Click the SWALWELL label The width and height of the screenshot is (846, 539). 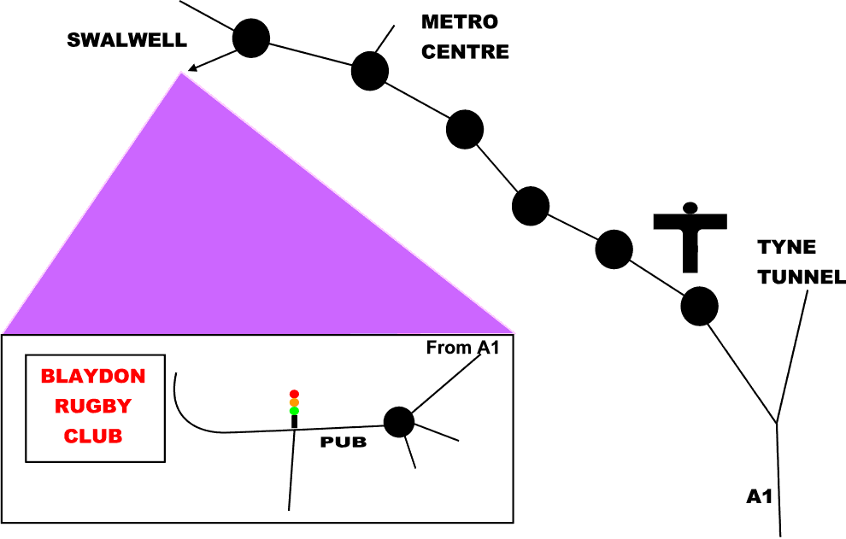(x=126, y=40)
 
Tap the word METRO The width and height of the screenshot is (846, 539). (x=461, y=21)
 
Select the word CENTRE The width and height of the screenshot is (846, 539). (x=466, y=51)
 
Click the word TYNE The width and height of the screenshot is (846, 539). (x=787, y=248)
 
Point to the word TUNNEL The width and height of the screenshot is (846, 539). (x=802, y=277)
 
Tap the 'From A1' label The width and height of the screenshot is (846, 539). (x=462, y=348)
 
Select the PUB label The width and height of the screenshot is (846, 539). (x=343, y=442)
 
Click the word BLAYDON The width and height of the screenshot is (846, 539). (x=94, y=376)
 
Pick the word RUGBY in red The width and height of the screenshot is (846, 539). (x=94, y=406)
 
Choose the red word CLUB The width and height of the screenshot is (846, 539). (x=94, y=436)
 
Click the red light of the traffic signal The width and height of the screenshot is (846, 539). (x=294, y=394)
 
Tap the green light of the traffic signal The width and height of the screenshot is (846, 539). (x=294, y=411)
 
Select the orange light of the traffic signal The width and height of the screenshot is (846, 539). (x=294, y=402)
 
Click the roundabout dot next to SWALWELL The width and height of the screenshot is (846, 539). (x=251, y=38)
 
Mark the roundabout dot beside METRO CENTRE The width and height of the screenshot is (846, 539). (x=370, y=70)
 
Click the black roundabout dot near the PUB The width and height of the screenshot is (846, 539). (x=398, y=422)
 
